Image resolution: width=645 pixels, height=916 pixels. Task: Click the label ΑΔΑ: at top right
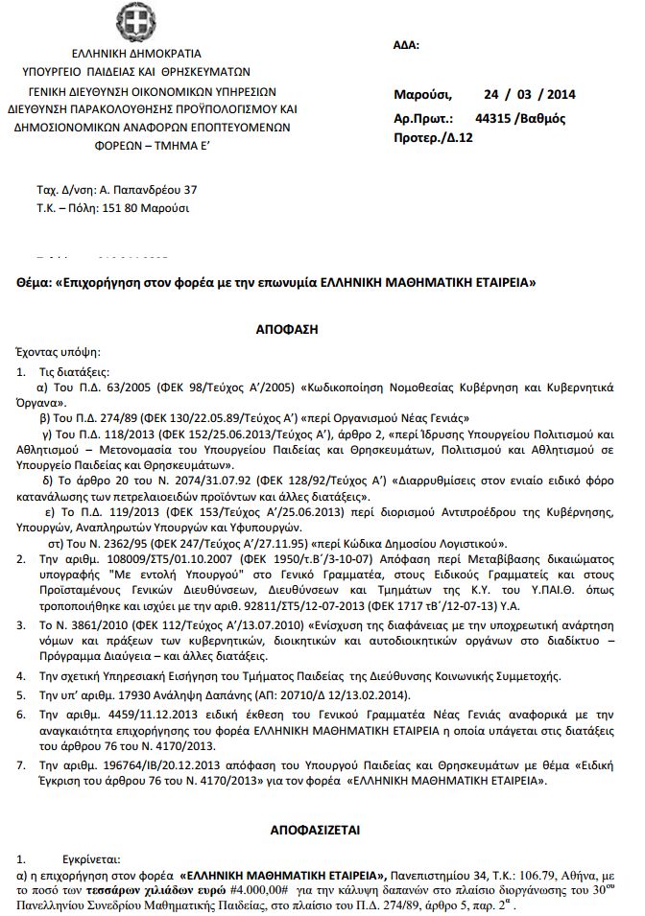(x=406, y=45)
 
